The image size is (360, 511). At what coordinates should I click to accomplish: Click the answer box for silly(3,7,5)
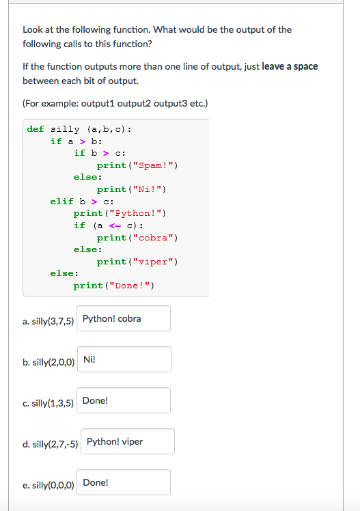(124, 318)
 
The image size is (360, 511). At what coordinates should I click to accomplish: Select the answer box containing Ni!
(124, 359)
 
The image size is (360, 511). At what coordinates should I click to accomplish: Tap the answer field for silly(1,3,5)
(124, 400)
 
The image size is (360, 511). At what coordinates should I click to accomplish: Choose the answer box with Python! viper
(128, 441)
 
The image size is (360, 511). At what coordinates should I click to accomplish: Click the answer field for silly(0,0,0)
(124, 482)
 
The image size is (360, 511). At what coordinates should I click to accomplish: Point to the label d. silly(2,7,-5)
(50, 444)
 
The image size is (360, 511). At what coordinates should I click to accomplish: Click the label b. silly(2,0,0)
(49, 362)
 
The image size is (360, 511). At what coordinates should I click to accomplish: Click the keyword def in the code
(36, 129)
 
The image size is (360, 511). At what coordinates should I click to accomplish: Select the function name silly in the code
(65, 129)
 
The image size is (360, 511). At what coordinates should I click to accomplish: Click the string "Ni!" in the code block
(148, 189)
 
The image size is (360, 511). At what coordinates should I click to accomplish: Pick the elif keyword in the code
(62, 202)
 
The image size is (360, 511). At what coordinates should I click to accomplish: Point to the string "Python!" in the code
(135, 213)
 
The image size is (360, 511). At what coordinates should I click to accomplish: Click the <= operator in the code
(115, 225)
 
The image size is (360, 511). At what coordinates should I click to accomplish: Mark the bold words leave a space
(290, 66)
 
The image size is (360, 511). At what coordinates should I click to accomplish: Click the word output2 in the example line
(134, 104)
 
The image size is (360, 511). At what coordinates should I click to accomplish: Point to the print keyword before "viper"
(111, 262)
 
